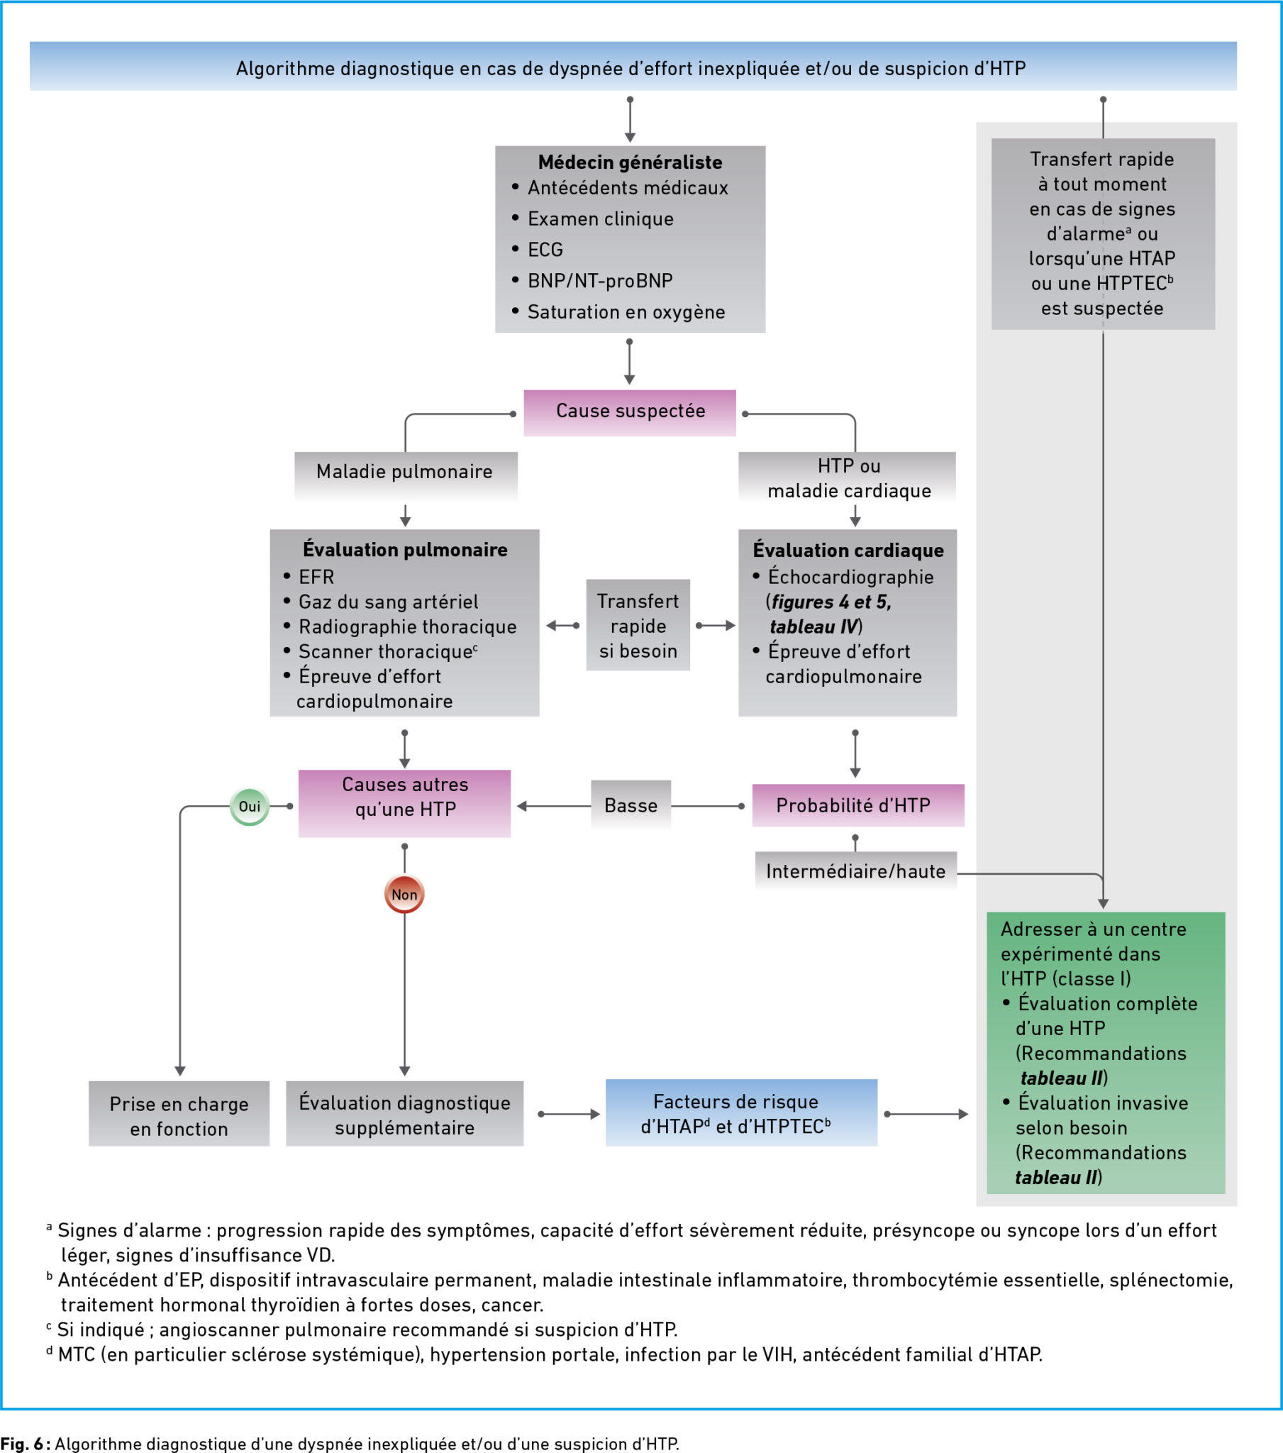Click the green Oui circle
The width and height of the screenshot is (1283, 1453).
tap(250, 806)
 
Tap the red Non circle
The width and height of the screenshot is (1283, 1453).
tap(404, 894)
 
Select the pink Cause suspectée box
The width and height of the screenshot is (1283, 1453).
tap(630, 412)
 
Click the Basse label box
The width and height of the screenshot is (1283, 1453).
tap(631, 805)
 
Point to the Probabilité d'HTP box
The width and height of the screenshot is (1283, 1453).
tap(858, 805)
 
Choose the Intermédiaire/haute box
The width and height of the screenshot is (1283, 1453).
tap(856, 871)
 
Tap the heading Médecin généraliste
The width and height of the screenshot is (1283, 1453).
tap(630, 162)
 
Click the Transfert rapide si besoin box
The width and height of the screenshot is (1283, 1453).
tap(638, 625)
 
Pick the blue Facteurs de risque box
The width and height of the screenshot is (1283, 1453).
tap(741, 1112)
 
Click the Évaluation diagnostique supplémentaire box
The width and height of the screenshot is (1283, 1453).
tap(404, 1114)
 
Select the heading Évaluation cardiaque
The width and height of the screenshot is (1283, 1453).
tap(848, 550)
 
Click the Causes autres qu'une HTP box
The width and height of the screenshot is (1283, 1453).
tap(404, 803)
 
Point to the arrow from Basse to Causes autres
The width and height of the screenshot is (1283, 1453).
tap(554, 806)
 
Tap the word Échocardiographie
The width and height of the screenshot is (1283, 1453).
tap(851, 577)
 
